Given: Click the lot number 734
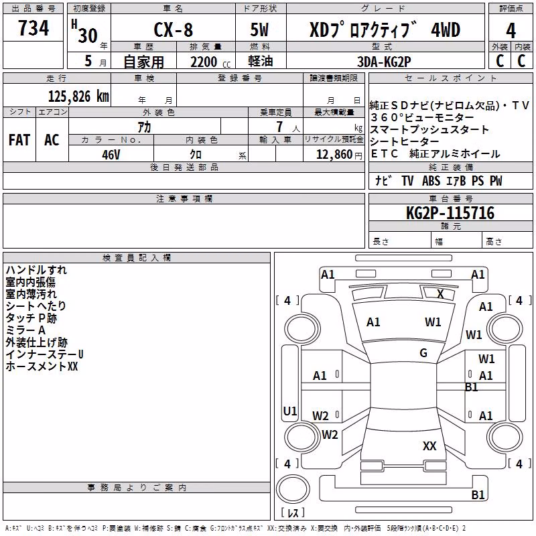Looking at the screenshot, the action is (33, 27).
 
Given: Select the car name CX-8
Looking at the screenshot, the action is (174, 29).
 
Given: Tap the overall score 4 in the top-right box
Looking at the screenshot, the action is (511, 31).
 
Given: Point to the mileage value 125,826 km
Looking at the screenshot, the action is (78, 96).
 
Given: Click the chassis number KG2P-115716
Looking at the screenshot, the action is (450, 213).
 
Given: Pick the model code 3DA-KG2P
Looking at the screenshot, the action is (384, 62).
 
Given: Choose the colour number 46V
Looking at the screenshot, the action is (111, 155).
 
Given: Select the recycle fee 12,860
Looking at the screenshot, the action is (334, 155).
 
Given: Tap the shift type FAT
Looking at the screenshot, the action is (19, 140).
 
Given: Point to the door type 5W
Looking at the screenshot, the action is (259, 29).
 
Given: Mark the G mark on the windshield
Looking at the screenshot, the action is (423, 353).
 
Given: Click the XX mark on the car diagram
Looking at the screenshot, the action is (429, 446).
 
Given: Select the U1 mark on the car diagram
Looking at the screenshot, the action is (290, 411).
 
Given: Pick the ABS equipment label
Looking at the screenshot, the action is (431, 181).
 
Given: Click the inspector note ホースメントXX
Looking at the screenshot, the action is (42, 366).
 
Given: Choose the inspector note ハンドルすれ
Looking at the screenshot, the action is (36, 270).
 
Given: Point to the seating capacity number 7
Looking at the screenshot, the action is (279, 127).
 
